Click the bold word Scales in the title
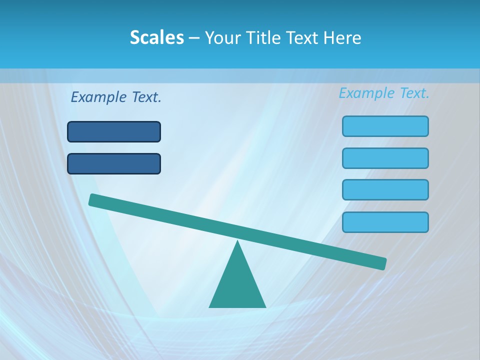[x=156, y=37]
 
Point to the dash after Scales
[x=193, y=38]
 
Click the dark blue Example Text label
[x=116, y=97]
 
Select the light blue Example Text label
[x=384, y=93]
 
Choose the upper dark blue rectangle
[x=114, y=131]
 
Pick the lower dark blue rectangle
[x=114, y=163]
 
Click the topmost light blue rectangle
[x=385, y=126]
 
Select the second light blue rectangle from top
[x=385, y=158]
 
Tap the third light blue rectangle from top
[x=385, y=189]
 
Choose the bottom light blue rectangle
[x=385, y=222]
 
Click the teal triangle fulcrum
[x=237, y=285]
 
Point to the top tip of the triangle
[x=237, y=242]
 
